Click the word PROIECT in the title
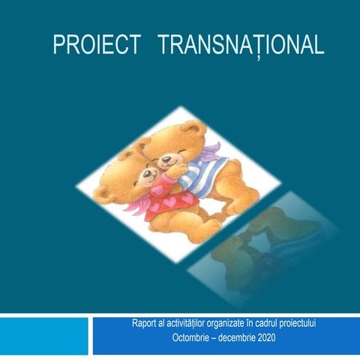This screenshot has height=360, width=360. tap(96, 45)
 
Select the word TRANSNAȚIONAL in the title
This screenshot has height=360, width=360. tap(241, 46)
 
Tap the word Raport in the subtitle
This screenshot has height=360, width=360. tap(144, 323)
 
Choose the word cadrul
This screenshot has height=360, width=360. tap(289, 323)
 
